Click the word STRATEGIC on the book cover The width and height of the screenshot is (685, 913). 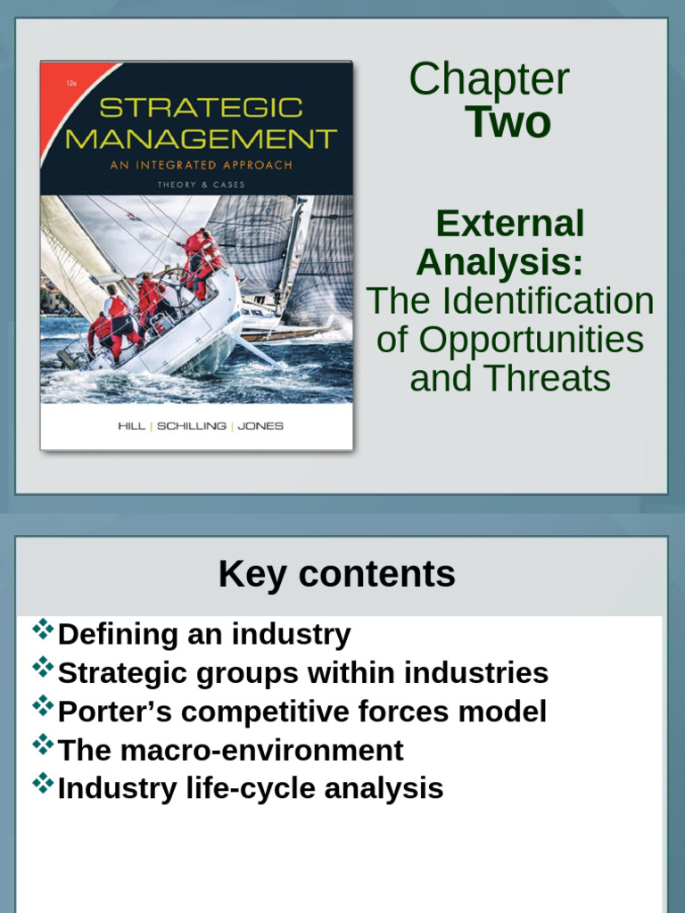point(202,108)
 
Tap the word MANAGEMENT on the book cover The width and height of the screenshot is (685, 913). point(202,139)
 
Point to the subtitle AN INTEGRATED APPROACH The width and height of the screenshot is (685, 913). point(201,165)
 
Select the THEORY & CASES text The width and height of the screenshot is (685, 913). point(201,184)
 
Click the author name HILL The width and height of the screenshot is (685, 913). point(132,426)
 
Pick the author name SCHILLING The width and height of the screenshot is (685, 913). point(193,426)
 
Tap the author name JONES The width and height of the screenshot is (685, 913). point(260,426)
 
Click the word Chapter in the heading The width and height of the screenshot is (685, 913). point(489,79)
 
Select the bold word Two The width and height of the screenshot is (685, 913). point(508,122)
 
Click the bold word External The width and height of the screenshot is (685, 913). point(509,224)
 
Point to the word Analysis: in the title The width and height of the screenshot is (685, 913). point(499,262)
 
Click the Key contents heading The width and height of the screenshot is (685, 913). point(336,575)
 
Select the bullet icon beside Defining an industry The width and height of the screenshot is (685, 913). point(43,629)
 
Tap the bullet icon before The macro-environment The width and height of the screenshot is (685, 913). point(43,744)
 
